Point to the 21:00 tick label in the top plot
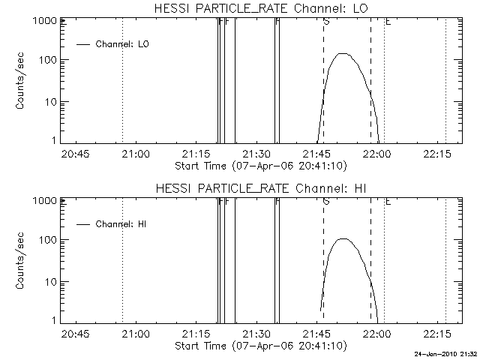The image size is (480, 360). tap(135, 154)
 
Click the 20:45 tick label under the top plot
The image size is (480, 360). tap(75, 154)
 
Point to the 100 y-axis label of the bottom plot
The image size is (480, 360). tap(48, 240)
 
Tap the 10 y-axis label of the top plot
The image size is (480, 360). tap(51, 102)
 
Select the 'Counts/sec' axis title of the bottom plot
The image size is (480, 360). tap(22, 262)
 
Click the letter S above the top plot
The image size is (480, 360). tap(325, 22)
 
